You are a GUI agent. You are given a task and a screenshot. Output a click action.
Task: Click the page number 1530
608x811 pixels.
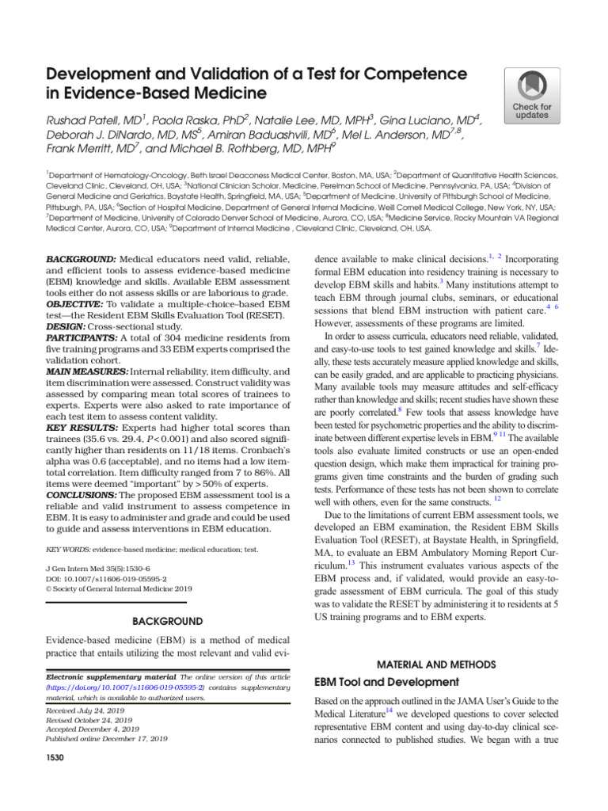[55, 758]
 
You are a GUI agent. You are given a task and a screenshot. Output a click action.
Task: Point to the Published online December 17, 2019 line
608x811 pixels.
[107, 738]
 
